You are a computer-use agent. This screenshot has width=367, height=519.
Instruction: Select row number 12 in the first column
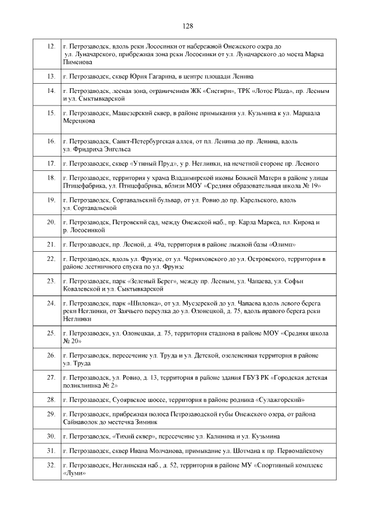click(50, 45)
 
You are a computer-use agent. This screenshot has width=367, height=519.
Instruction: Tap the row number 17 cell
click(50, 163)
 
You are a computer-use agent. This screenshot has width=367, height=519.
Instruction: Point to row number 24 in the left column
click(50, 302)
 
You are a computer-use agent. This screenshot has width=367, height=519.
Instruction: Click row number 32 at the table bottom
click(50, 465)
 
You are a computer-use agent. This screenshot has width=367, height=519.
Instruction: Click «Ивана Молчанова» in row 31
click(152, 450)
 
